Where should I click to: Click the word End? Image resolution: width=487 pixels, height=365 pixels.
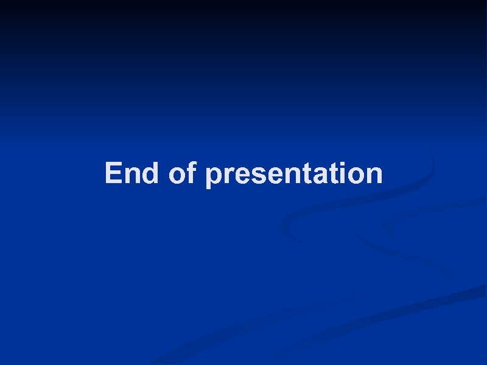[132, 173]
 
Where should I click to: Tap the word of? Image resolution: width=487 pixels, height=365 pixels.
[183, 173]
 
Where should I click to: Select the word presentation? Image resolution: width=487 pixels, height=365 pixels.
[294, 175]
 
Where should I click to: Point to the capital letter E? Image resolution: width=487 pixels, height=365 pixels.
[114, 173]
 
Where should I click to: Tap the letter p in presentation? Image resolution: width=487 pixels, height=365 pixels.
[214, 177]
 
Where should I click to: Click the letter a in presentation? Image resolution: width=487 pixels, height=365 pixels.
[320, 176]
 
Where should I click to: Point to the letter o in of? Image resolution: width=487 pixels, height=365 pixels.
[177, 176]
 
